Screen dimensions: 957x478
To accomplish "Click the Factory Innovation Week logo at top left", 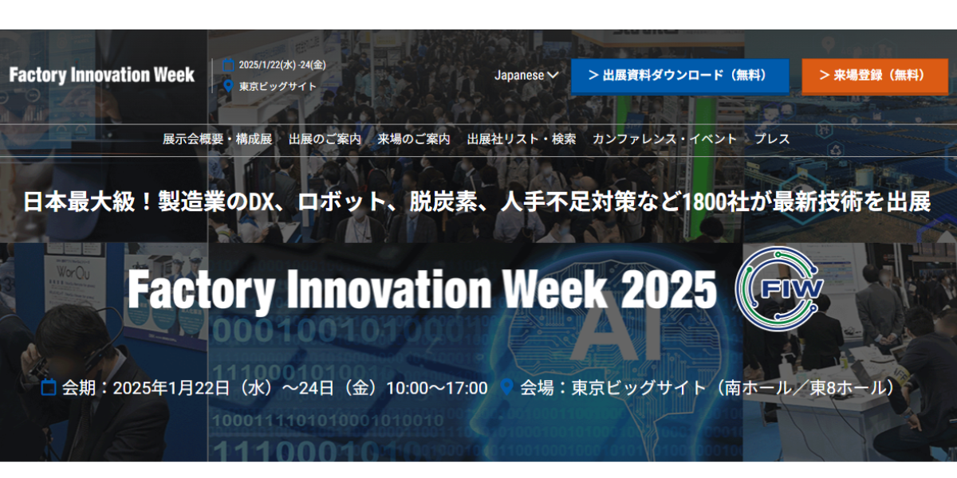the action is (x=102, y=75).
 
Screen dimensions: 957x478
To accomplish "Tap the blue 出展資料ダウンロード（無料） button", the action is (x=679, y=76).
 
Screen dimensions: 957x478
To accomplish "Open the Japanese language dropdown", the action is (x=526, y=76).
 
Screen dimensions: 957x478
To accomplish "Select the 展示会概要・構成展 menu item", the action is (x=217, y=139).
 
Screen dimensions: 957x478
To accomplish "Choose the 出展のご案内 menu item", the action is (x=325, y=139).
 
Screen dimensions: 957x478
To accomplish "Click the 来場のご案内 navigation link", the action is (x=414, y=139).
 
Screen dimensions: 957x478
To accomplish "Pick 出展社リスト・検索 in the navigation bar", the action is (x=522, y=139).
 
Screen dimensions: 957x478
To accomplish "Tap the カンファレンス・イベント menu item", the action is (x=664, y=139).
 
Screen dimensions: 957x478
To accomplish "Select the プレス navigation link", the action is (x=772, y=139).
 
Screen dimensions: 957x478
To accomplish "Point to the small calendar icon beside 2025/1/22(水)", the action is (x=229, y=65).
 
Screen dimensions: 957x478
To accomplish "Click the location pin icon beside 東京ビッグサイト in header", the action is (x=229, y=86).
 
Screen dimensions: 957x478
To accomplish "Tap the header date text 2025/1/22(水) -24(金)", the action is (x=282, y=65).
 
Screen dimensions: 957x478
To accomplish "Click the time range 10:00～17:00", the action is (x=437, y=389).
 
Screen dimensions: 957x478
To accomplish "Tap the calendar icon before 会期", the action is (x=49, y=387).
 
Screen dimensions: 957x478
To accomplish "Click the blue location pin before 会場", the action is (x=506, y=387).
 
